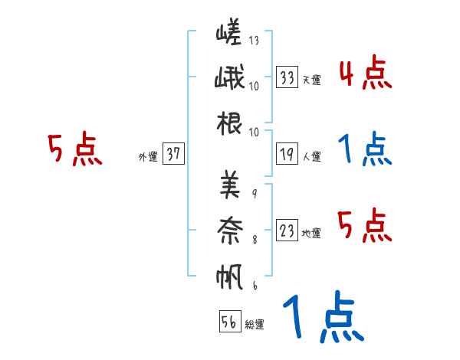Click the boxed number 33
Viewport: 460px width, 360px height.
pyautogui.click(x=287, y=77)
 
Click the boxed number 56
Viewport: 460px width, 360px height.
pyautogui.click(x=229, y=322)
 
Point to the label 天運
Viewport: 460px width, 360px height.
pyautogui.click(x=311, y=80)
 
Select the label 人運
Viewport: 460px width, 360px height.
pyautogui.click(x=311, y=157)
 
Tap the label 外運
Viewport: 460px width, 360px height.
pyautogui.click(x=147, y=157)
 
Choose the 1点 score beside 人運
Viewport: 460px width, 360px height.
pyautogui.click(x=365, y=149)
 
